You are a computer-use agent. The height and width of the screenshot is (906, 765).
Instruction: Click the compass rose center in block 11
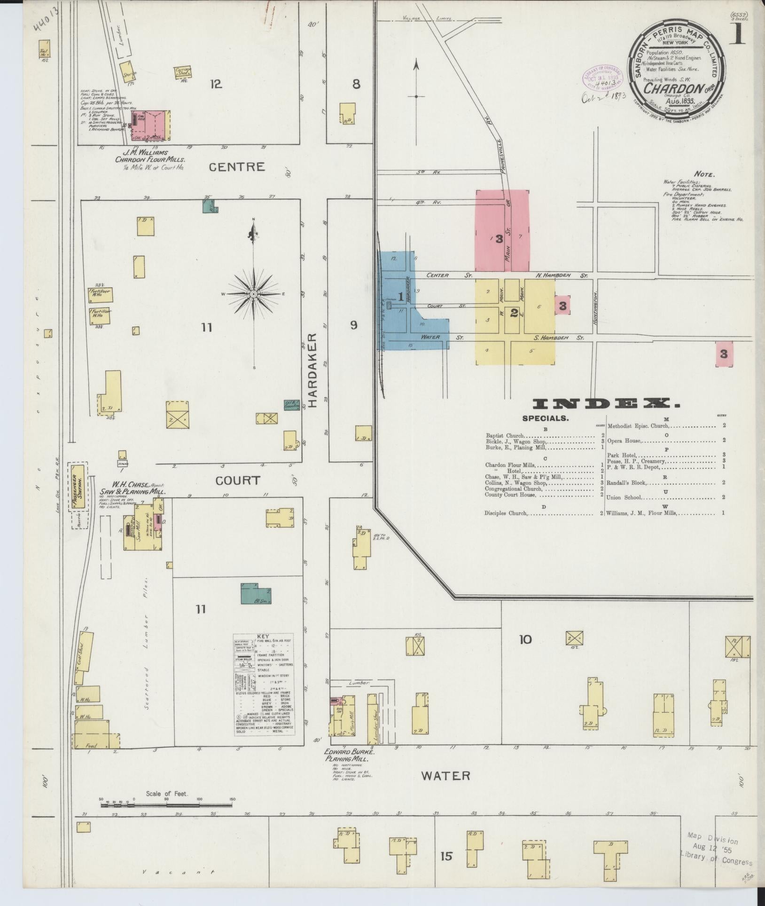click(254, 294)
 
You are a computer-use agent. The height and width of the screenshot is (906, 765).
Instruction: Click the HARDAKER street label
click(313, 370)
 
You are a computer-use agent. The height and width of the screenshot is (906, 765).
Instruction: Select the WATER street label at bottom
click(445, 775)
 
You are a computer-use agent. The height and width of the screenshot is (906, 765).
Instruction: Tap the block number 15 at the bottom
click(446, 856)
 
